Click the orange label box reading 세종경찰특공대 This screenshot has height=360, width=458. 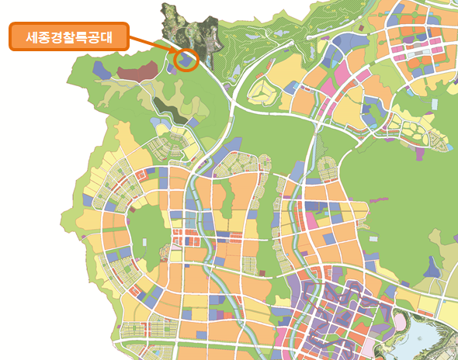click(68, 36)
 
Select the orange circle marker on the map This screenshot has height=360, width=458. click(186, 58)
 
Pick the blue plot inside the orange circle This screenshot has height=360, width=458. click(186, 59)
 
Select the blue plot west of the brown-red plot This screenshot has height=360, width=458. click(101, 67)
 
